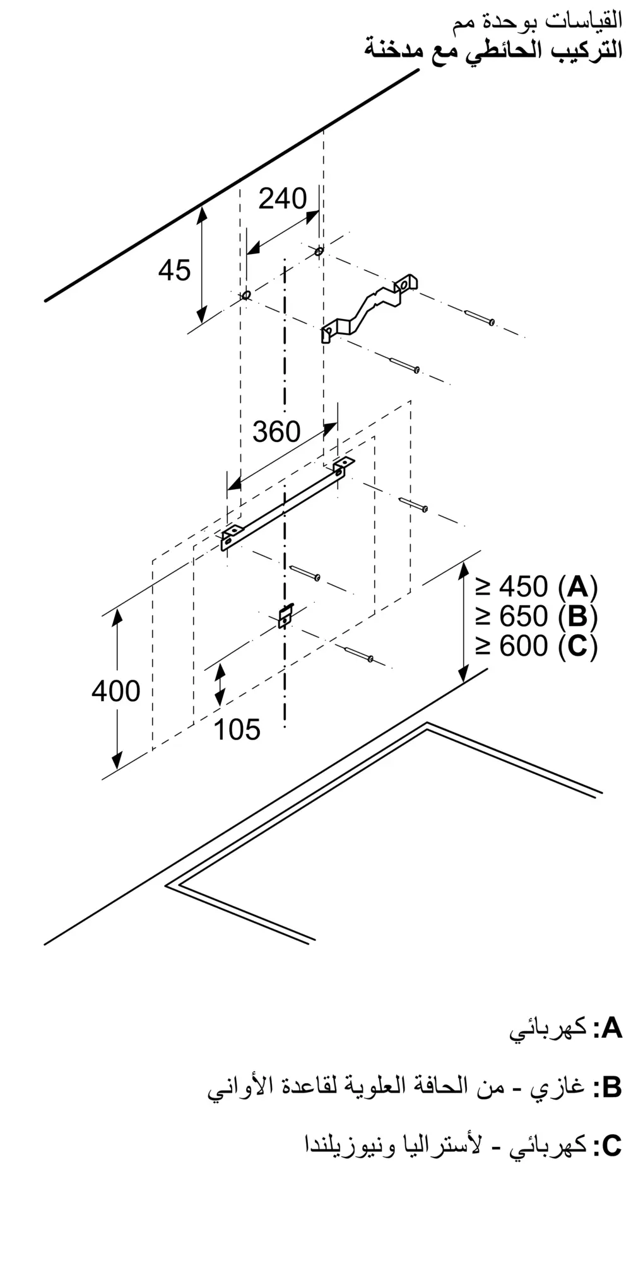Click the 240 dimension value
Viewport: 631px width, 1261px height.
tap(282, 199)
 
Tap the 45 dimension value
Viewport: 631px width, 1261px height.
tap(174, 270)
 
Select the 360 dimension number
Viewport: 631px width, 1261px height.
tap(276, 432)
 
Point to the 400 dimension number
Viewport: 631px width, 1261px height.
tap(115, 691)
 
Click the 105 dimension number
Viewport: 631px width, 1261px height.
tap(237, 729)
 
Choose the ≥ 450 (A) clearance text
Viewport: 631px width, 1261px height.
tap(536, 587)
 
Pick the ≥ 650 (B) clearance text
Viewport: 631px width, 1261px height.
tap(536, 616)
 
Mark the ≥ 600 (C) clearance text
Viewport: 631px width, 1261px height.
tap(536, 646)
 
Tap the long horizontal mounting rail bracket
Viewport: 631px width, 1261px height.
tap(287, 504)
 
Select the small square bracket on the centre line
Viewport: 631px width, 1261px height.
tap(286, 615)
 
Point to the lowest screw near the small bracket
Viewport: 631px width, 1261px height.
tap(360, 654)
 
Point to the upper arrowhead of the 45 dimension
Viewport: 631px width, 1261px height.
tap(202, 214)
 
